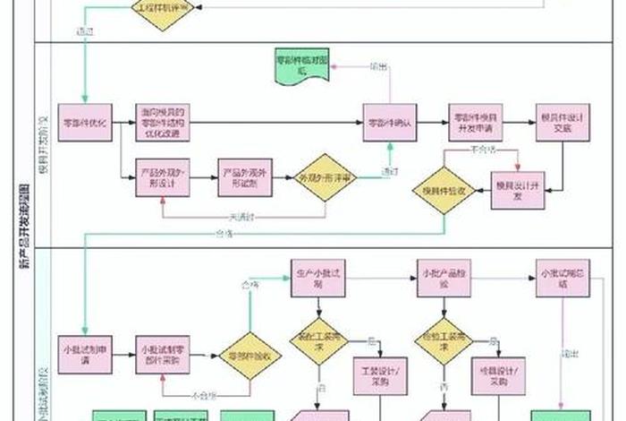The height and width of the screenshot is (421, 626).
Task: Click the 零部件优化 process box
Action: click(84, 123)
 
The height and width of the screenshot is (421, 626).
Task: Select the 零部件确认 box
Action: click(390, 123)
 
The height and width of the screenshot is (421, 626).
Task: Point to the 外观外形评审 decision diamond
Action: click(326, 178)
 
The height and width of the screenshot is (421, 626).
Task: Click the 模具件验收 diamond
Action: click(444, 189)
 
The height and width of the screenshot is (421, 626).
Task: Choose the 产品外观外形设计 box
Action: click(162, 177)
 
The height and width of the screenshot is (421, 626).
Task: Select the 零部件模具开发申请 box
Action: click(476, 123)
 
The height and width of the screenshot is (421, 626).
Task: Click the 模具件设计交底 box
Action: click(562, 123)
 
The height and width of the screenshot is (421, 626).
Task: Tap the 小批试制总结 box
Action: click(562, 277)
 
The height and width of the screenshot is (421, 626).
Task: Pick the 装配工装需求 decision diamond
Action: click(318, 341)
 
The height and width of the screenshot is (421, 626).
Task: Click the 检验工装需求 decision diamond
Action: click(444, 341)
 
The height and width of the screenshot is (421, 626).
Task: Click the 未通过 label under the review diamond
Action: click(242, 216)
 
